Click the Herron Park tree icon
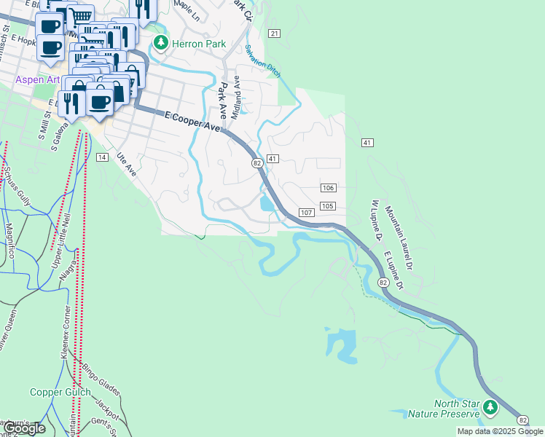click(x=160, y=44)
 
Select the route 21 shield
click(x=274, y=34)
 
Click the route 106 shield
click(x=327, y=188)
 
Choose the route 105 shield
click(x=327, y=206)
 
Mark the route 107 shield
click(x=306, y=213)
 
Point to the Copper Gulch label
click(x=60, y=392)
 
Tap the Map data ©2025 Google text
click(x=500, y=431)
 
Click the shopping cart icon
click(x=82, y=15)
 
